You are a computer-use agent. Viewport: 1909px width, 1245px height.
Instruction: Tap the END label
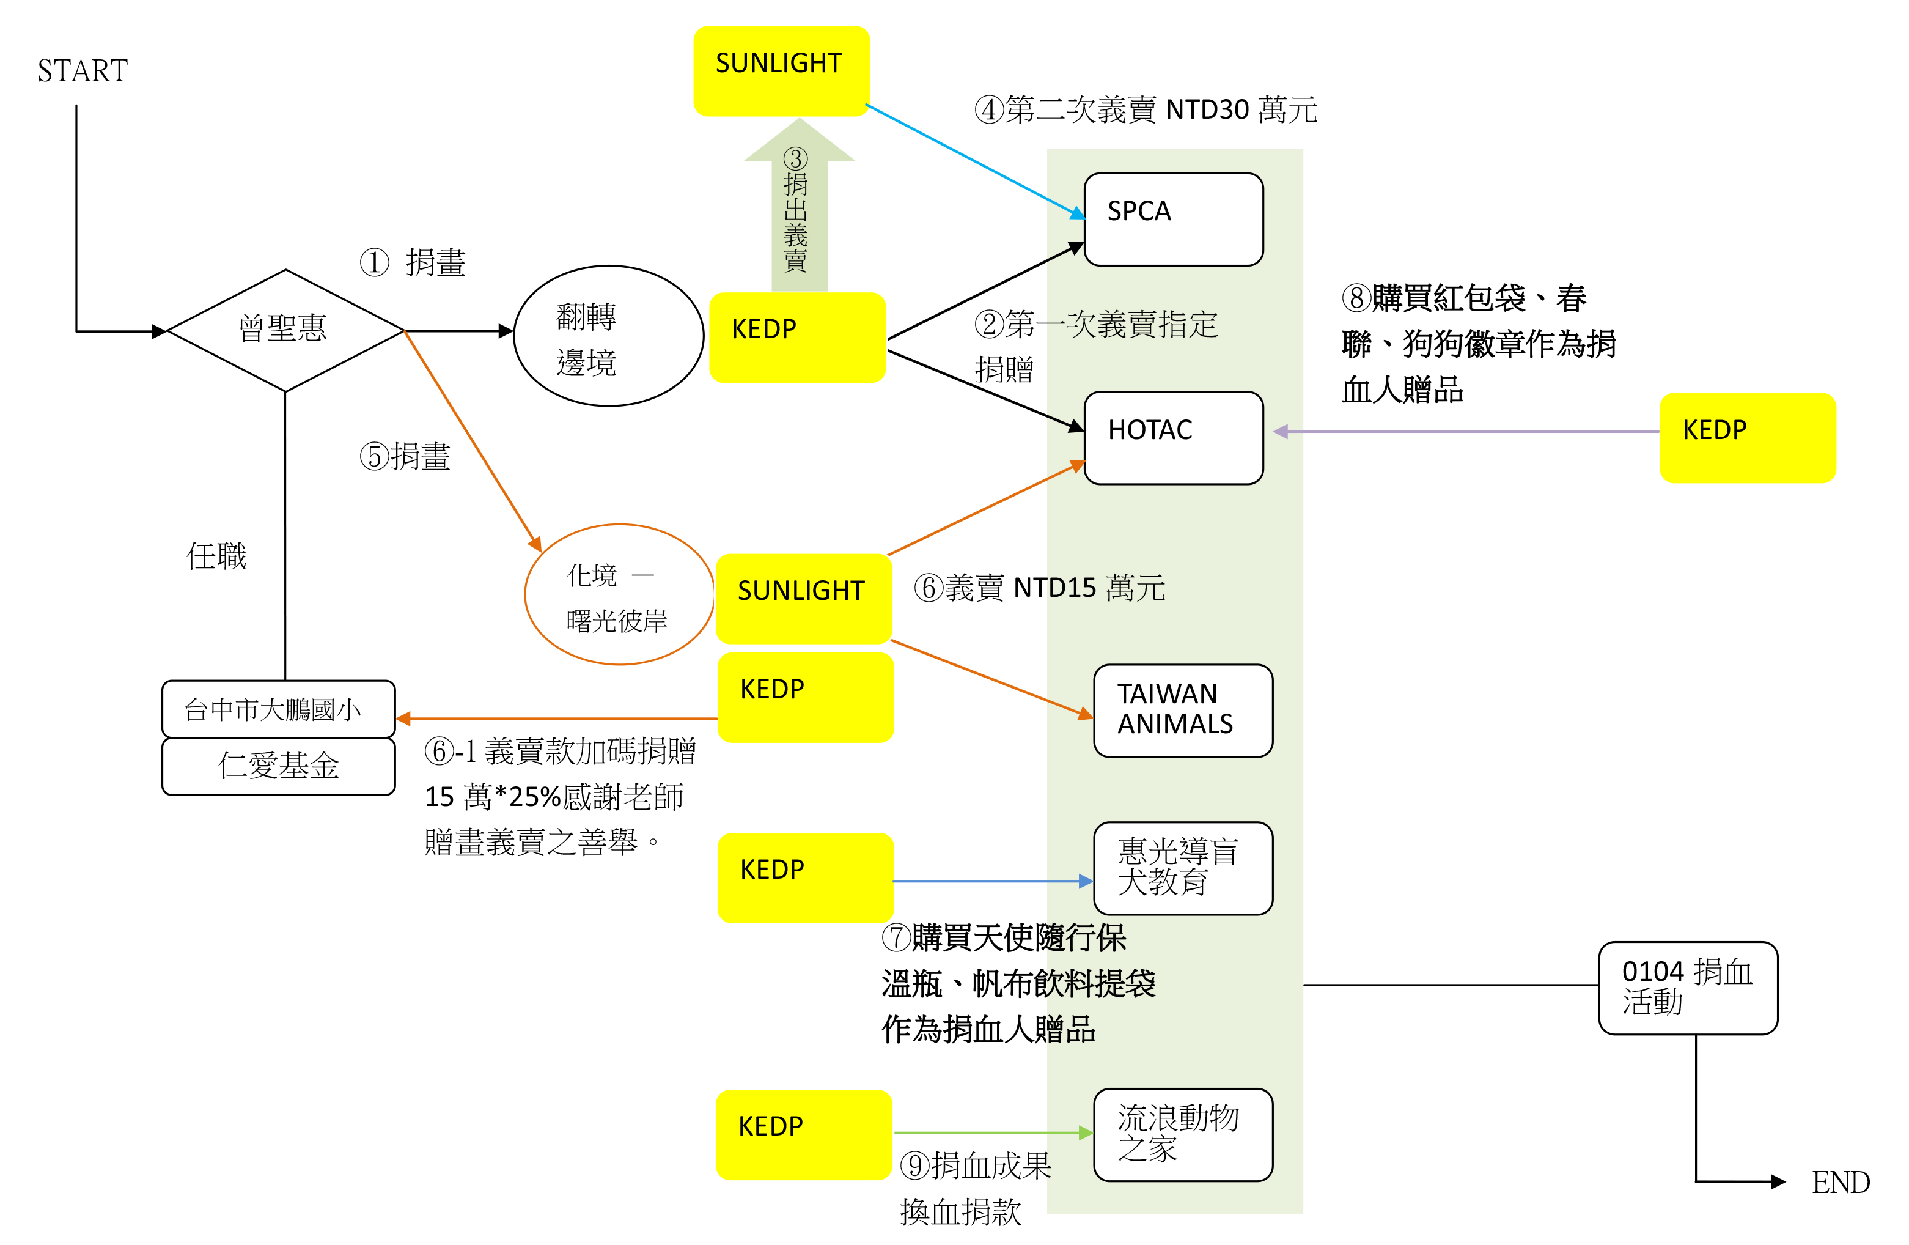coord(1840,1181)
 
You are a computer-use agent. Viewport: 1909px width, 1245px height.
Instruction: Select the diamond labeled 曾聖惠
coord(285,330)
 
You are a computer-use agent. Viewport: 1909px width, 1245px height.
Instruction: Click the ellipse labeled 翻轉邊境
coord(608,336)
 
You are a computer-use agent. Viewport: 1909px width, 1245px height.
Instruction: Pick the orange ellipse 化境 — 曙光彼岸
coord(619,594)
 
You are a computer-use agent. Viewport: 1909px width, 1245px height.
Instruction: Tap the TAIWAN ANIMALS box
coord(1182,710)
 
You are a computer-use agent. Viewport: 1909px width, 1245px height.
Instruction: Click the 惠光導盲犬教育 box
coord(1182,868)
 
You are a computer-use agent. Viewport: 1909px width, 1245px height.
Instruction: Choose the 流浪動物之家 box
coord(1182,1134)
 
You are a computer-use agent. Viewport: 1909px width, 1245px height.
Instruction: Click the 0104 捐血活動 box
coord(1688,988)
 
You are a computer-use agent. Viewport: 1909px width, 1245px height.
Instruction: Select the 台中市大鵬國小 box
coord(278,709)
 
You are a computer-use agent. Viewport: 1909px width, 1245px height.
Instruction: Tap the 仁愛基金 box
coord(278,766)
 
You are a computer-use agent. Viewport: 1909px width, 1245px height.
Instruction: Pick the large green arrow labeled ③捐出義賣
coord(799,209)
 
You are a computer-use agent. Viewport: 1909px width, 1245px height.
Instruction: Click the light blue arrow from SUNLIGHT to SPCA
coord(974,160)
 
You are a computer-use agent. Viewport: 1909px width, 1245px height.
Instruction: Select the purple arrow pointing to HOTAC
coord(1468,432)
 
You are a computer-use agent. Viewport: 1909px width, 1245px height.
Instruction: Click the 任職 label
coord(216,556)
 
